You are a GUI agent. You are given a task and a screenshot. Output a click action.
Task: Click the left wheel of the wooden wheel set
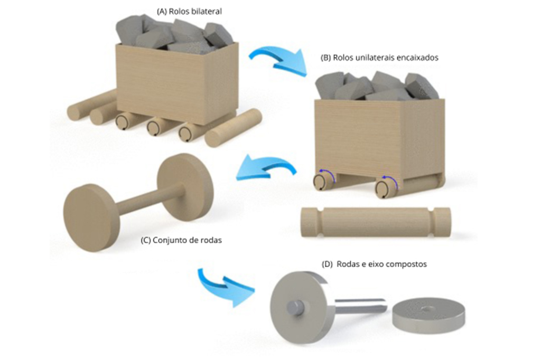pos(91,217)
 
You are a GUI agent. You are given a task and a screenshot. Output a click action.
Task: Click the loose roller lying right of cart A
pos(234,128)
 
